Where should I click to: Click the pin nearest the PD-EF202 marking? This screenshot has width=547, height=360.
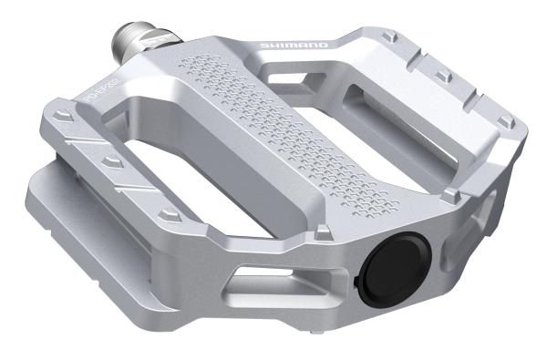pos(62,117)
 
